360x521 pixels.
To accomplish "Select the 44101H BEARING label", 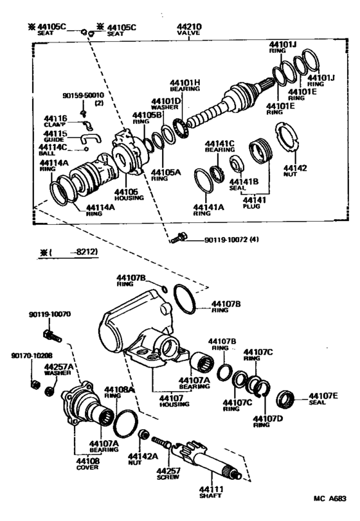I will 186,86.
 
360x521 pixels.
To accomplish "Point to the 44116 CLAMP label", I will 55,122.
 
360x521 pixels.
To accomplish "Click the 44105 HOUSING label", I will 126,195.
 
